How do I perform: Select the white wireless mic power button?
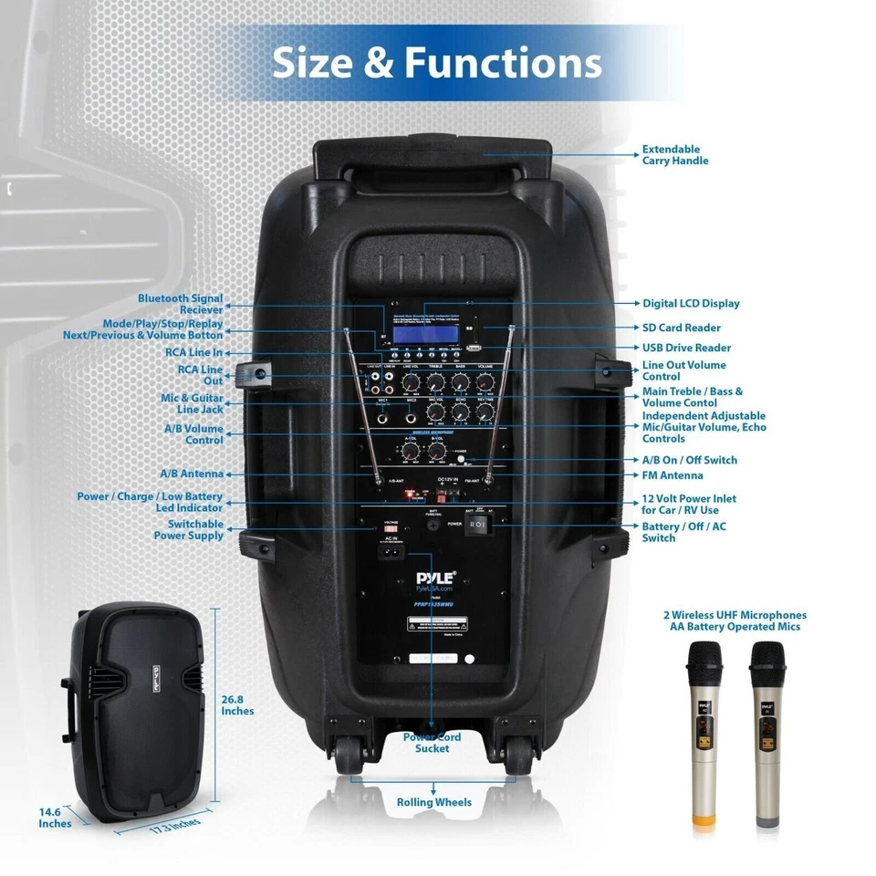point(461,459)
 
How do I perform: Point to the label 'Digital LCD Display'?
point(691,304)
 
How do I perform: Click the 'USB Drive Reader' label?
point(686,348)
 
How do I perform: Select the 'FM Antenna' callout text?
point(673,475)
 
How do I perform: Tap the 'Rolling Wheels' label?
point(434,802)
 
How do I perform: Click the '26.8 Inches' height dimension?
point(238,704)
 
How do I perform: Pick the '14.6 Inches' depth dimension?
point(55,818)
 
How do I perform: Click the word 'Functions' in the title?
point(503,62)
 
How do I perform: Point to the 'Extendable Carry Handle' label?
point(675,155)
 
